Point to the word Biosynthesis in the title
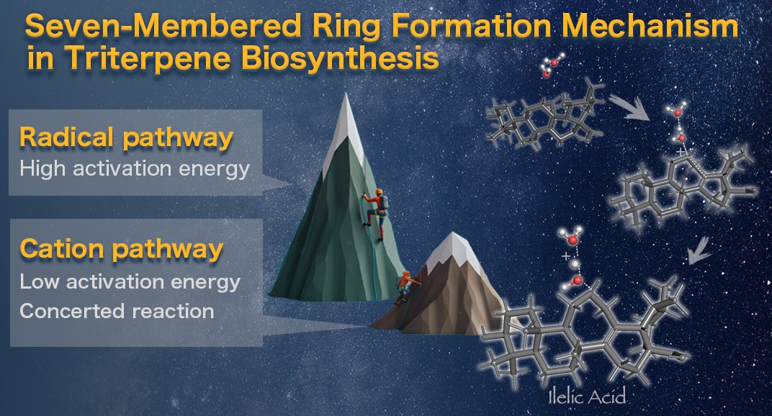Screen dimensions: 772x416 (x=340, y=58)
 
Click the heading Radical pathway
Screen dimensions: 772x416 (x=126, y=137)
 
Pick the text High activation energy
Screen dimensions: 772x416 (x=135, y=169)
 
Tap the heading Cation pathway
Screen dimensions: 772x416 (x=121, y=249)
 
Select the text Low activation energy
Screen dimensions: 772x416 (x=130, y=281)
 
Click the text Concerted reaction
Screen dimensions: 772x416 (x=117, y=311)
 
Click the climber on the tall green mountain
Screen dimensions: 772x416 (x=376, y=214)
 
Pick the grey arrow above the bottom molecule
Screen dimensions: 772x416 (x=700, y=250)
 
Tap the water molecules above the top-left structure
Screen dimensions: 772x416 (x=551, y=66)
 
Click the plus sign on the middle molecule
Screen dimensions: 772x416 (x=680, y=152)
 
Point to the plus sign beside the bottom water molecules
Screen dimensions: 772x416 (x=566, y=256)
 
